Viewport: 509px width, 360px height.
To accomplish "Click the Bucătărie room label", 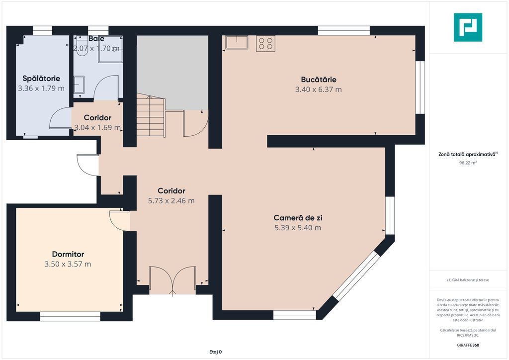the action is coord(319,80).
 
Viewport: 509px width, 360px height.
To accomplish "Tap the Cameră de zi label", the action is coord(298,218).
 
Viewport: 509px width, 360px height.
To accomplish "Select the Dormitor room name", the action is coord(68,254).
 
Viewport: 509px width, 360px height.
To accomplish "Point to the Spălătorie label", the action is coord(41,79).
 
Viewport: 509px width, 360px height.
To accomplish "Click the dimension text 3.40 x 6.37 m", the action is coord(319,90).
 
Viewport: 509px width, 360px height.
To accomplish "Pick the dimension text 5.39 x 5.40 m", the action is coord(298,228).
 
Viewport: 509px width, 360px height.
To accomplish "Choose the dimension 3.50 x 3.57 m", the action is coord(68,264).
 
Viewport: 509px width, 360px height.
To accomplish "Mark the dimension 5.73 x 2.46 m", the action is coord(171,201).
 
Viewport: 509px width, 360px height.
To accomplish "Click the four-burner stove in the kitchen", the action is coord(266,43).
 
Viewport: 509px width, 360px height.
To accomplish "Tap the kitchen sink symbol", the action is coord(237,42).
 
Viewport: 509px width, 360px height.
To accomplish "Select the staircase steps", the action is coord(151,115).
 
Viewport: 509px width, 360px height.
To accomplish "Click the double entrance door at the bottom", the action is coord(172,280).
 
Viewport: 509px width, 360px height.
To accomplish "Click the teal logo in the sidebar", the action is coord(468,27).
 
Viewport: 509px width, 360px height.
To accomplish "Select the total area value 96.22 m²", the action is coord(468,163).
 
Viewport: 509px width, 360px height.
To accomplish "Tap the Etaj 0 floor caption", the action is coord(216,352).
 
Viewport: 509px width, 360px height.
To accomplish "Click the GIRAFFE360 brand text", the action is coord(468,345).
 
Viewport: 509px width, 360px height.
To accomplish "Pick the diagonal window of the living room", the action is coord(356,275).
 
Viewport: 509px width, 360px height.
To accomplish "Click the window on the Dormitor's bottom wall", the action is coord(70,317).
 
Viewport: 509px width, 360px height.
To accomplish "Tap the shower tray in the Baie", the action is coord(110,49).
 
